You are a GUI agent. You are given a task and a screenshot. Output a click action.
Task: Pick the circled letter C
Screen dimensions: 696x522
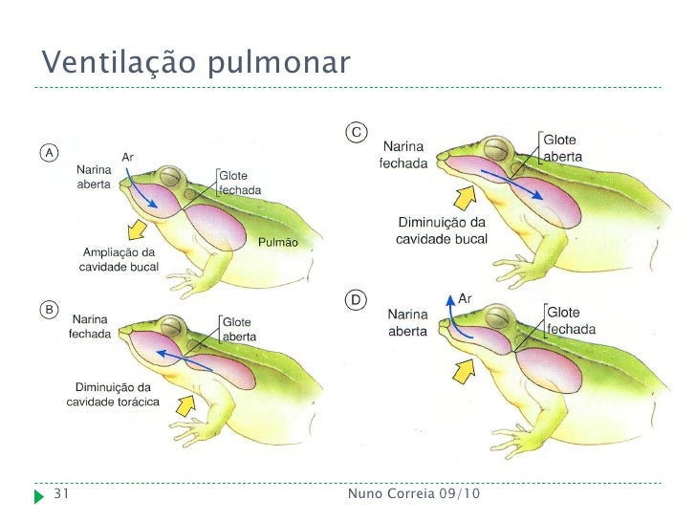pos(356,133)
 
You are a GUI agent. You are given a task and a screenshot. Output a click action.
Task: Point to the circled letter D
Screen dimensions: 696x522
pos(356,300)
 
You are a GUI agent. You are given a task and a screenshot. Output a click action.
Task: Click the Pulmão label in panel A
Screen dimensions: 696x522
pos(278,243)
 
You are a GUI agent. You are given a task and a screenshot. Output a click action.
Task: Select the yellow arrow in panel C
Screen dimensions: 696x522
pos(465,198)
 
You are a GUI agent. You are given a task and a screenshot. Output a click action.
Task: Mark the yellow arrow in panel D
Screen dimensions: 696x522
pos(468,367)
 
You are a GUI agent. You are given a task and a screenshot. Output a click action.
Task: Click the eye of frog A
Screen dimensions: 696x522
pos(169,177)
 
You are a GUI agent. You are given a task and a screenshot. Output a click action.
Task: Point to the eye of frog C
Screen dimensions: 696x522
pos(497,148)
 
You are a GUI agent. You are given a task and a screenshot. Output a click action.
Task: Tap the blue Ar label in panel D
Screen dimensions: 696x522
pos(466,299)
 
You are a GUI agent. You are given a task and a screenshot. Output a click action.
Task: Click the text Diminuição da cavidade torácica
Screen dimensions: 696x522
pos(109,394)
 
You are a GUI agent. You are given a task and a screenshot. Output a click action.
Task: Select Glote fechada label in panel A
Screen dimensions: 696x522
pos(238,183)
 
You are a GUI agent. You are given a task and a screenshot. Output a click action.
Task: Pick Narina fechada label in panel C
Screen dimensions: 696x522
pos(405,154)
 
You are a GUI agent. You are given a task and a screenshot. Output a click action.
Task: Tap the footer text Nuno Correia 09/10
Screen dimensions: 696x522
pos(414,494)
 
